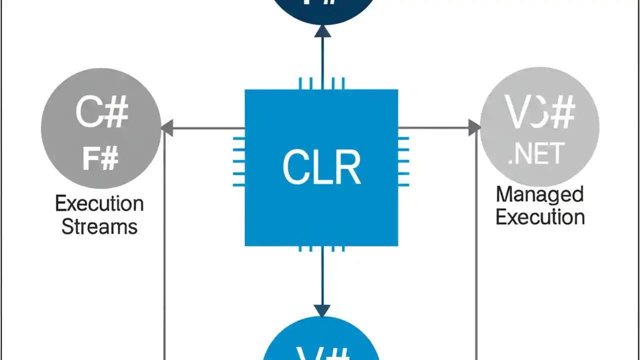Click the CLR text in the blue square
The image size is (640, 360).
[x=321, y=167]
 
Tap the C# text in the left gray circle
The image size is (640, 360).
[x=101, y=112]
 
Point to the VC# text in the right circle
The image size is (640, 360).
[x=539, y=113]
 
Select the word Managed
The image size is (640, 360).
[x=539, y=194]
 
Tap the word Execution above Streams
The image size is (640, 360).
[x=99, y=204]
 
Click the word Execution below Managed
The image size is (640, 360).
[x=540, y=217]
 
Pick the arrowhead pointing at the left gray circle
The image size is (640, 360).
[x=167, y=128]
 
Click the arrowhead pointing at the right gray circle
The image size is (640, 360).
[x=474, y=127]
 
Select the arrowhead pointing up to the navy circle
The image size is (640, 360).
[x=322, y=31]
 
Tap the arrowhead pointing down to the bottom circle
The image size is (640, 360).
[x=322, y=310]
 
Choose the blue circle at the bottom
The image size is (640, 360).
[x=321, y=342]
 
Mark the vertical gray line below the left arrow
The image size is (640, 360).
[x=164, y=250]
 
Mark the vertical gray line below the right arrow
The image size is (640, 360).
[x=476, y=250]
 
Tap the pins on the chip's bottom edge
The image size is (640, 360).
[x=321, y=248]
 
